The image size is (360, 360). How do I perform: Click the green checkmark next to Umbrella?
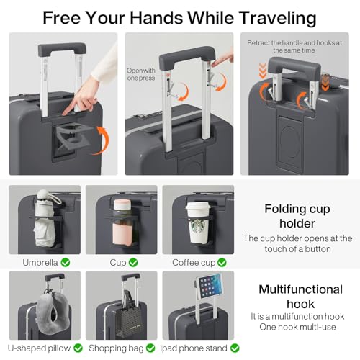tap(66, 263)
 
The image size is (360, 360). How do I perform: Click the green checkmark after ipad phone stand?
tap(233, 348)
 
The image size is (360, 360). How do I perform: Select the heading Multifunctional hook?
tap(300, 297)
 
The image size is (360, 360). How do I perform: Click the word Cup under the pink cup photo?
tap(117, 263)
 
